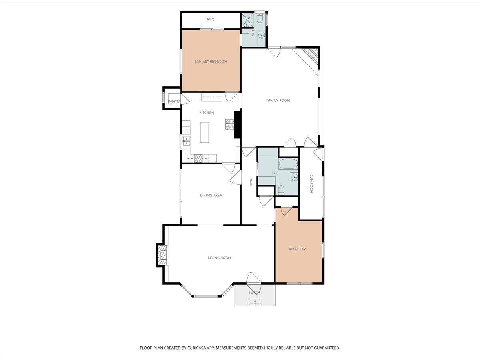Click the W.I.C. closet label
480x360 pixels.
[x=210, y=20]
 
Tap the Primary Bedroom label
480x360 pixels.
[x=211, y=62]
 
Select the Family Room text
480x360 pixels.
[x=278, y=100]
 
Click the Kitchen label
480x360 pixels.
[x=206, y=112]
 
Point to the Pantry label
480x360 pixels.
[x=174, y=102]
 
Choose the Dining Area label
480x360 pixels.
[x=211, y=196]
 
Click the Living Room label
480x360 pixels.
[x=220, y=258]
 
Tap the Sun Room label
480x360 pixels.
[x=312, y=184]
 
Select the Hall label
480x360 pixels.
[x=251, y=182]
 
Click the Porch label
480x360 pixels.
[x=254, y=293]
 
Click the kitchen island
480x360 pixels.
[x=204, y=132]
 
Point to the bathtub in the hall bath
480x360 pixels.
[x=288, y=164]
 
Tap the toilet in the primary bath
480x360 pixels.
[x=259, y=18]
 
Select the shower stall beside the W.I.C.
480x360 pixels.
[x=247, y=20]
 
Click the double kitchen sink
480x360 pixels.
[x=186, y=141]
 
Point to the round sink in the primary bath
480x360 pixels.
[x=262, y=35]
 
